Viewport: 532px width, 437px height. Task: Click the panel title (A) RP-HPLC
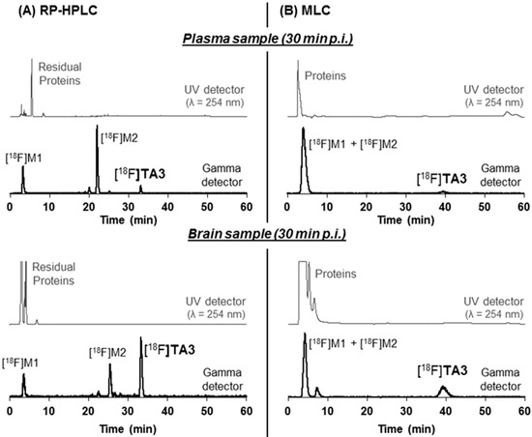(x=46, y=13)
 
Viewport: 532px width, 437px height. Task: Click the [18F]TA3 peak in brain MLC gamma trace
(x=444, y=390)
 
